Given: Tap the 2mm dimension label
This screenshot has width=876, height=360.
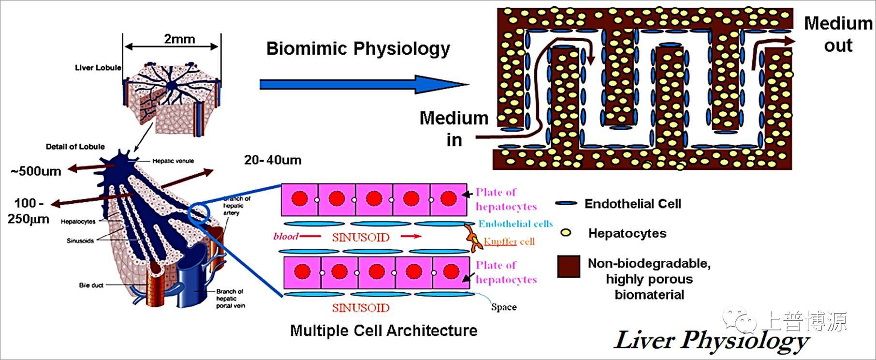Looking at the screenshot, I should point(179,39).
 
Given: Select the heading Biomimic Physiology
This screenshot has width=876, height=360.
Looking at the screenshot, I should point(358,49).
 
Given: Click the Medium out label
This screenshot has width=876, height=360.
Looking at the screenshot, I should point(838,34).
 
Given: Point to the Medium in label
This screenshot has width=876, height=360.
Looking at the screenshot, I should point(454,129).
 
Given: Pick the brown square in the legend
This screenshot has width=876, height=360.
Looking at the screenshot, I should point(568,267).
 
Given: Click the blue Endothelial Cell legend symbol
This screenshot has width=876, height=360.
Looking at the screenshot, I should point(566,204).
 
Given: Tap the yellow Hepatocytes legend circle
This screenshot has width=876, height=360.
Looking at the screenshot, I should point(565,233).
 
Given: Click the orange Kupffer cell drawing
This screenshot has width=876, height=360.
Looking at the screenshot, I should point(474,238).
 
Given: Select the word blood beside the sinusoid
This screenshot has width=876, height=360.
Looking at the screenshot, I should point(285,237).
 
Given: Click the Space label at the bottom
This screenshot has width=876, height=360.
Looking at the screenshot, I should point(504,307).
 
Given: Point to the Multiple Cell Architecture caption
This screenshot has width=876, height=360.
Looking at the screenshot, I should point(384,331).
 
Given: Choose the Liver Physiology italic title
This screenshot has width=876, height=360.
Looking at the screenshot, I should point(711,340).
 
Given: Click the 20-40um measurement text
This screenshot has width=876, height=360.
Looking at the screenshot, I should point(273,160).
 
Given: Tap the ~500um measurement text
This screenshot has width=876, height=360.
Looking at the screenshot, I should point(36,171).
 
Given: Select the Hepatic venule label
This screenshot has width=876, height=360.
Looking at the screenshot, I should point(173,161).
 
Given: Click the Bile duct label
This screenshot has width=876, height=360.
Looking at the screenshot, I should point(91,285).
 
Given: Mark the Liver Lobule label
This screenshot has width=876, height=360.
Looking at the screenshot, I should point(98,68).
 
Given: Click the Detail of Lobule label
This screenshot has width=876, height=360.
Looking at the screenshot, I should point(75,147).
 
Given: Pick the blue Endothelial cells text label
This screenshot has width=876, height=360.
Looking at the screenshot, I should point(516,224).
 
